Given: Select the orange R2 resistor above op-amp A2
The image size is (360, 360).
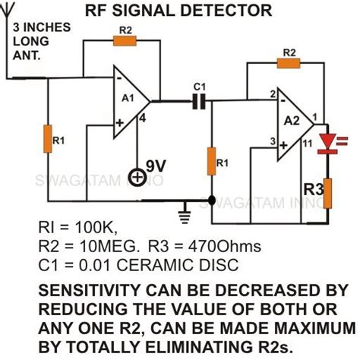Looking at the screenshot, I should (x=289, y=62).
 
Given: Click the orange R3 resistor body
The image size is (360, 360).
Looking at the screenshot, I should (x=330, y=194).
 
